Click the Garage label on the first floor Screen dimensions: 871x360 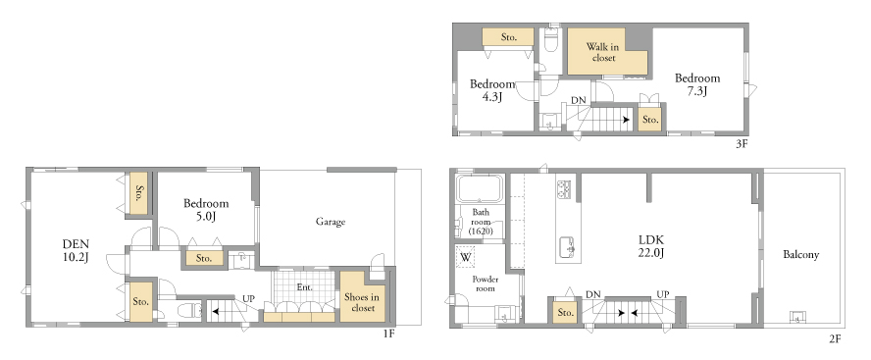(x=331, y=222)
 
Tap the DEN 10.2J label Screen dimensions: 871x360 (x=77, y=250)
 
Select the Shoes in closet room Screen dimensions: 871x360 (x=361, y=296)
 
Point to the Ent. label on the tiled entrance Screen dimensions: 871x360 (x=304, y=287)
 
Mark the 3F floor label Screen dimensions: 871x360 (x=743, y=144)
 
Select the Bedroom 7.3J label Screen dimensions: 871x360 (x=697, y=85)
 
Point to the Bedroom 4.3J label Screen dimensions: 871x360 (x=492, y=90)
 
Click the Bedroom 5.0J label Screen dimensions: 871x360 (x=206, y=210)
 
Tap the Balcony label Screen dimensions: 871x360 (x=801, y=255)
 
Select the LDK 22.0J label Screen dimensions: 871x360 (x=651, y=246)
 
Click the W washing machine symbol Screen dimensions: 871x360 (x=466, y=257)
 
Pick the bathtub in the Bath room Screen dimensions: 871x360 (x=480, y=189)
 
